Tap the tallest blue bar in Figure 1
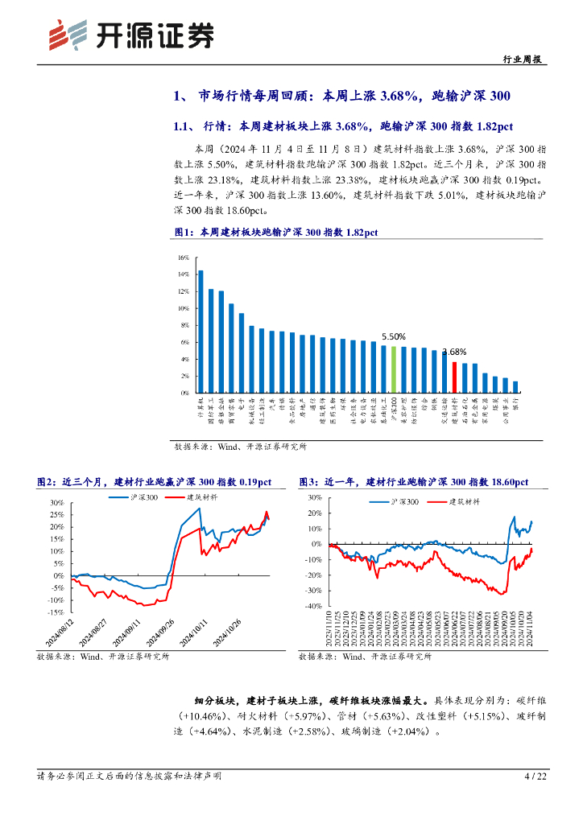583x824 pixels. [x=201, y=332]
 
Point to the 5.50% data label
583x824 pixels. [x=393, y=336]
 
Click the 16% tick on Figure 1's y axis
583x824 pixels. [x=183, y=257]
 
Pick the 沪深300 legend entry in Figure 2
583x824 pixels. [x=145, y=497]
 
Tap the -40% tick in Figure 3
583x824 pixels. [x=313, y=606]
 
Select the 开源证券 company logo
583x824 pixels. [x=131, y=35]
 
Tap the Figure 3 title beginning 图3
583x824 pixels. [x=413, y=481]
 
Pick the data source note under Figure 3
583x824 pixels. [x=364, y=657]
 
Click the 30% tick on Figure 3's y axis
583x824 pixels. [x=315, y=498]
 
